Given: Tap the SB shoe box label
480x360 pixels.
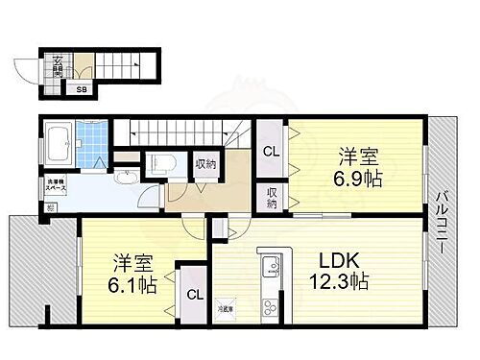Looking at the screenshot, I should pyautogui.click(x=83, y=91).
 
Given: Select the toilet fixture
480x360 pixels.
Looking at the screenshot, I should pyautogui.click(x=160, y=162).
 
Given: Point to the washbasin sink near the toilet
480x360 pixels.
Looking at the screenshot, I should pyautogui.click(x=125, y=176).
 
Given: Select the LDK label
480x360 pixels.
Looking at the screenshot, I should pyautogui.click(x=340, y=262).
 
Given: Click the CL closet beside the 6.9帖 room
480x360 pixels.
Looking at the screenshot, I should pyautogui.click(x=271, y=151).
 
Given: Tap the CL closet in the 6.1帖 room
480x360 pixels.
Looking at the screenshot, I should pyautogui.click(x=193, y=295).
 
